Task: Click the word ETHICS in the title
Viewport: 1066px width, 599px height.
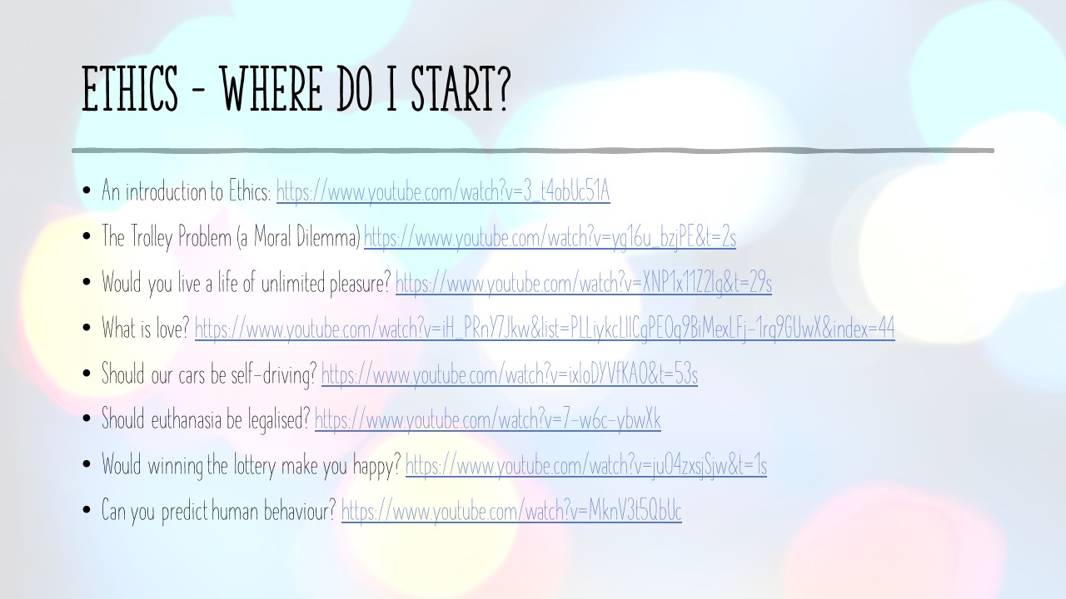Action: click(x=130, y=89)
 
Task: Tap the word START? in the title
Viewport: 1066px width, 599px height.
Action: click(x=461, y=89)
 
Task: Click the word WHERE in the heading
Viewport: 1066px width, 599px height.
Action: click(x=271, y=89)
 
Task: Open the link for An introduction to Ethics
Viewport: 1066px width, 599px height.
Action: click(x=443, y=191)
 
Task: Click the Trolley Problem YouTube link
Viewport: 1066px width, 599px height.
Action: click(x=550, y=237)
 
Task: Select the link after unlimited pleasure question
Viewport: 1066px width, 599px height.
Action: click(x=584, y=283)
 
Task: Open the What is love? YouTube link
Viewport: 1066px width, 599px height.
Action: click(x=545, y=328)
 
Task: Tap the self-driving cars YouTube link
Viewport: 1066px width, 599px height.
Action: click(x=509, y=374)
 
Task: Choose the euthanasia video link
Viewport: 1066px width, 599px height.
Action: click(x=488, y=420)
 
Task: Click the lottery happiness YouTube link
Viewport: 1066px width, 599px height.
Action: click(x=585, y=465)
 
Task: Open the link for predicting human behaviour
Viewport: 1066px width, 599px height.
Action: click(x=511, y=511)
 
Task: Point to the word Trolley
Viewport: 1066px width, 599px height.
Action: click(x=152, y=237)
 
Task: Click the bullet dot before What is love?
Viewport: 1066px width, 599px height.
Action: click(x=87, y=328)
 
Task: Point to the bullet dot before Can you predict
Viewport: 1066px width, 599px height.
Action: click(x=87, y=510)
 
